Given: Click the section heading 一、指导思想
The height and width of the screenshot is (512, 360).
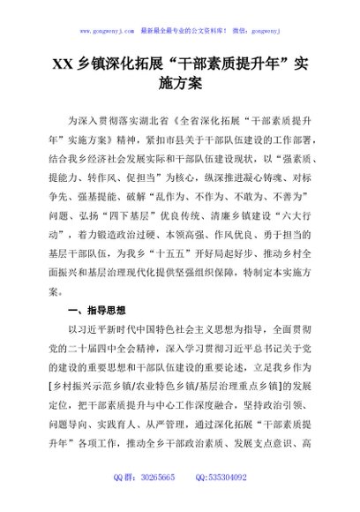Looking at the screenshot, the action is click(x=96, y=312).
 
